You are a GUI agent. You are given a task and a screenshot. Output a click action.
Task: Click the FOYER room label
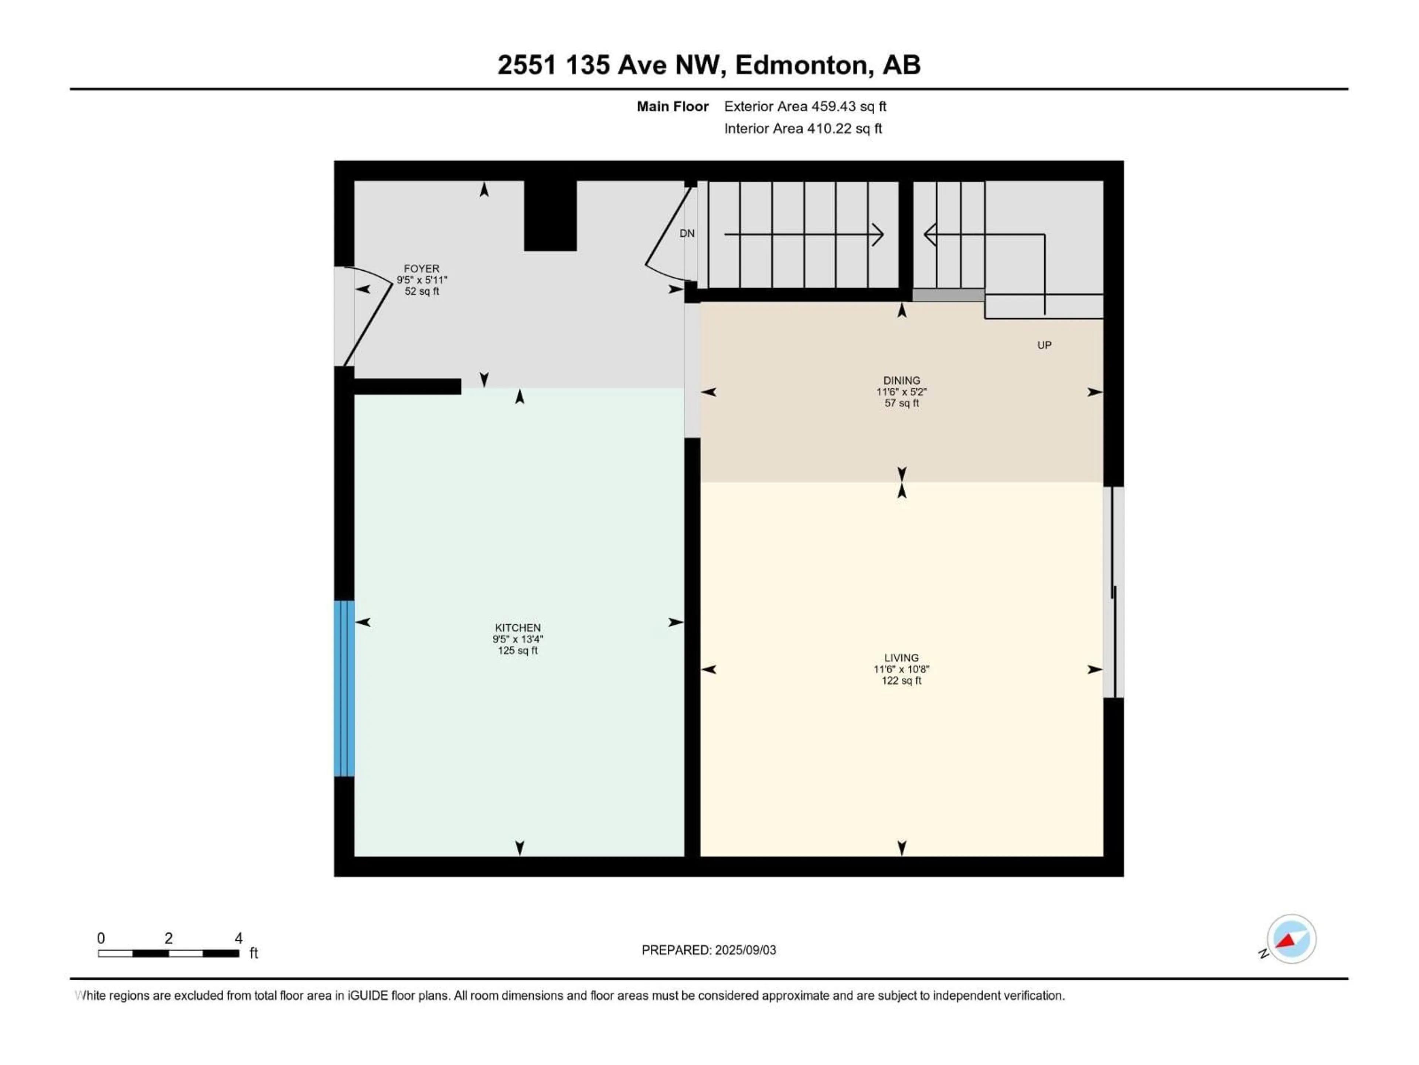(x=422, y=269)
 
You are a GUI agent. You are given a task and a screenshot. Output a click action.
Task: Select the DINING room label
(x=901, y=381)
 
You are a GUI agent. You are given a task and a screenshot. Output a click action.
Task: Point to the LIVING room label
(x=901, y=658)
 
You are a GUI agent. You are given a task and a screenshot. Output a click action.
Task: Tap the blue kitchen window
(x=344, y=688)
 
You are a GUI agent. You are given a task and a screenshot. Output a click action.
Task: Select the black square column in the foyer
(x=550, y=216)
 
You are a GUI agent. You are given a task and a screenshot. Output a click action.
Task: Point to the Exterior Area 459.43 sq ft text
(x=805, y=106)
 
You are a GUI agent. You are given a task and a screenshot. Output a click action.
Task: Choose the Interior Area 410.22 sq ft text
(x=803, y=128)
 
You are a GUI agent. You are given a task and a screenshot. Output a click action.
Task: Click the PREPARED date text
(x=709, y=950)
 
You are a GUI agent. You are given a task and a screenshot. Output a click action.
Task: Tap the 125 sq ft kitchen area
(x=518, y=650)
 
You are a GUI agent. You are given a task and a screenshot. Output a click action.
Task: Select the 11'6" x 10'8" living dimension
(x=901, y=669)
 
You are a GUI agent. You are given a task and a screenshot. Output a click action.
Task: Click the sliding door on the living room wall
(x=1114, y=592)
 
